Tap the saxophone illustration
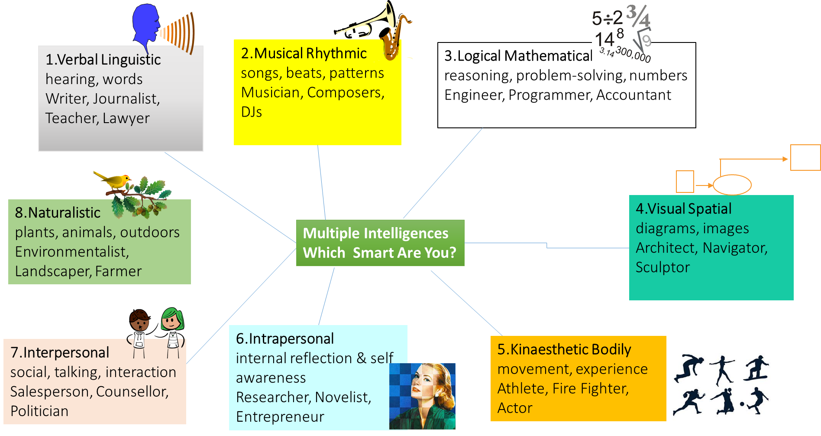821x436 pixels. click(x=393, y=39)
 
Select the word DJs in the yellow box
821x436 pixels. click(x=251, y=112)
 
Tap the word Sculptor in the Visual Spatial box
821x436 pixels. click(x=662, y=267)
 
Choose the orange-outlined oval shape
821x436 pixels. click(x=732, y=185)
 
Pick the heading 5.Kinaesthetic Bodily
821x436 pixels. click(x=564, y=349)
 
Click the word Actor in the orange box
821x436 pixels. click(x=514, y=408)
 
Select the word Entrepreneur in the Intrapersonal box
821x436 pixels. click(x=280, y=417)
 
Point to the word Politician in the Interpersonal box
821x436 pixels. click(x=39, y=411)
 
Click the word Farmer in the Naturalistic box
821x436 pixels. click(x=118, y=271)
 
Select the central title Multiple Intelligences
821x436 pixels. click(x=375, y=233)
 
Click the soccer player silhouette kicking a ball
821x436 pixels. click(x=756, y=400)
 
